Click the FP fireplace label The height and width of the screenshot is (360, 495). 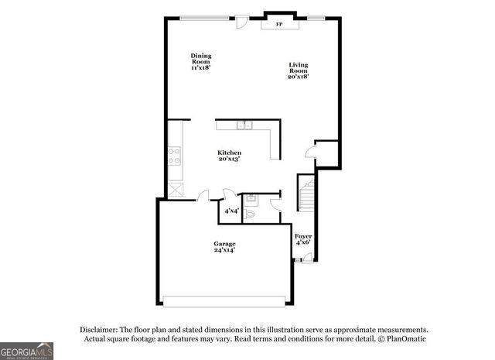coord(279,25)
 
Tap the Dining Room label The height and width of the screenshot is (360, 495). coord(201,61)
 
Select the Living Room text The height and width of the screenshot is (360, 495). coord(299,70)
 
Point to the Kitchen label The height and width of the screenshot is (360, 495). coord(229,156)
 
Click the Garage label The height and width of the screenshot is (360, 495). coord(225,247)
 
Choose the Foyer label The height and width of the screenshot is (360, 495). coord(303,239)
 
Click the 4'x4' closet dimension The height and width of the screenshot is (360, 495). coord(231,211)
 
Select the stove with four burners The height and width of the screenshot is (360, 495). coord(176,156)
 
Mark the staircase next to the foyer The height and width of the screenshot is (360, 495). coord(307,194)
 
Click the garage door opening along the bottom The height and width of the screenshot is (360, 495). coord(225,300)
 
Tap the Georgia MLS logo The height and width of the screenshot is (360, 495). coord(27,351)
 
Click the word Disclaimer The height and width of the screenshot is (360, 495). coord(97,329)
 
